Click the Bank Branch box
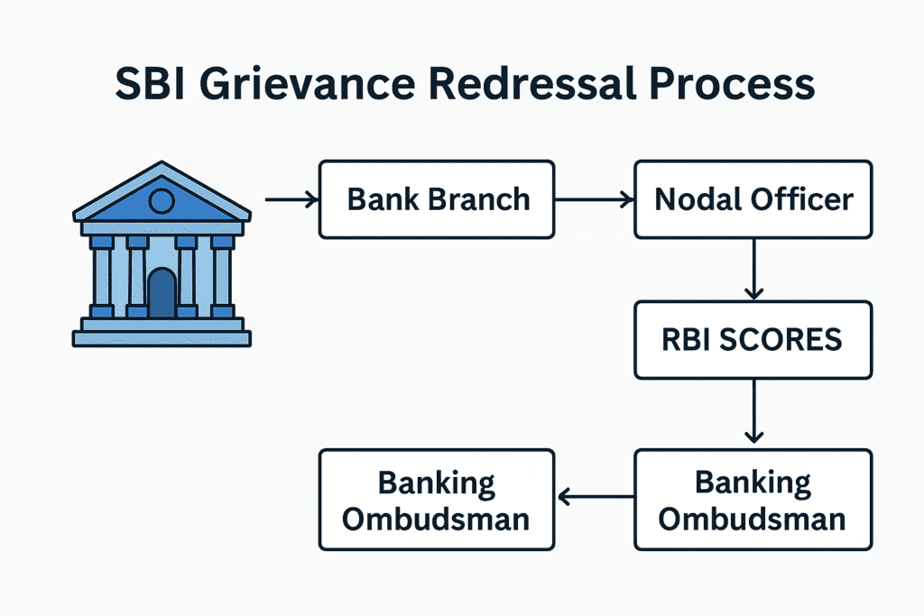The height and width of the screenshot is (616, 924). pyautogui.click(x=437, y=199)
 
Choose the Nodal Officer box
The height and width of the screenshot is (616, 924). pyautogui.click(x=753, y=199)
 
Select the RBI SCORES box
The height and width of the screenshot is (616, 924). pyautogui.click(x=753, y=340)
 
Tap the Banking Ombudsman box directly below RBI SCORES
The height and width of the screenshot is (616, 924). pyautogui.click(x=753, y=500)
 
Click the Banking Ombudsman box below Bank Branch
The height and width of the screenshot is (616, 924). pyautogui.click(x=437, y=500)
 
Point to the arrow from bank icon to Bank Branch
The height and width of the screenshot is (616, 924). pyautogui.click(x=291, y=199)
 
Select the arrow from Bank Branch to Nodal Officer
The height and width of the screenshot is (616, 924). pyautogui.click(x=594, y=199)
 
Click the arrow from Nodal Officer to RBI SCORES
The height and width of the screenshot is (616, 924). pyautogui.click(x=753, y=270)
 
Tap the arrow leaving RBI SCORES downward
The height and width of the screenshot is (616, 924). pyautogui.click(x=753, y=411)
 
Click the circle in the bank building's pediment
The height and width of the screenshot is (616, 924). pyautogui.click(x=161, y=200)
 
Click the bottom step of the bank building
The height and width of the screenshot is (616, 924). pyautogui.click(x=162, y=339)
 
